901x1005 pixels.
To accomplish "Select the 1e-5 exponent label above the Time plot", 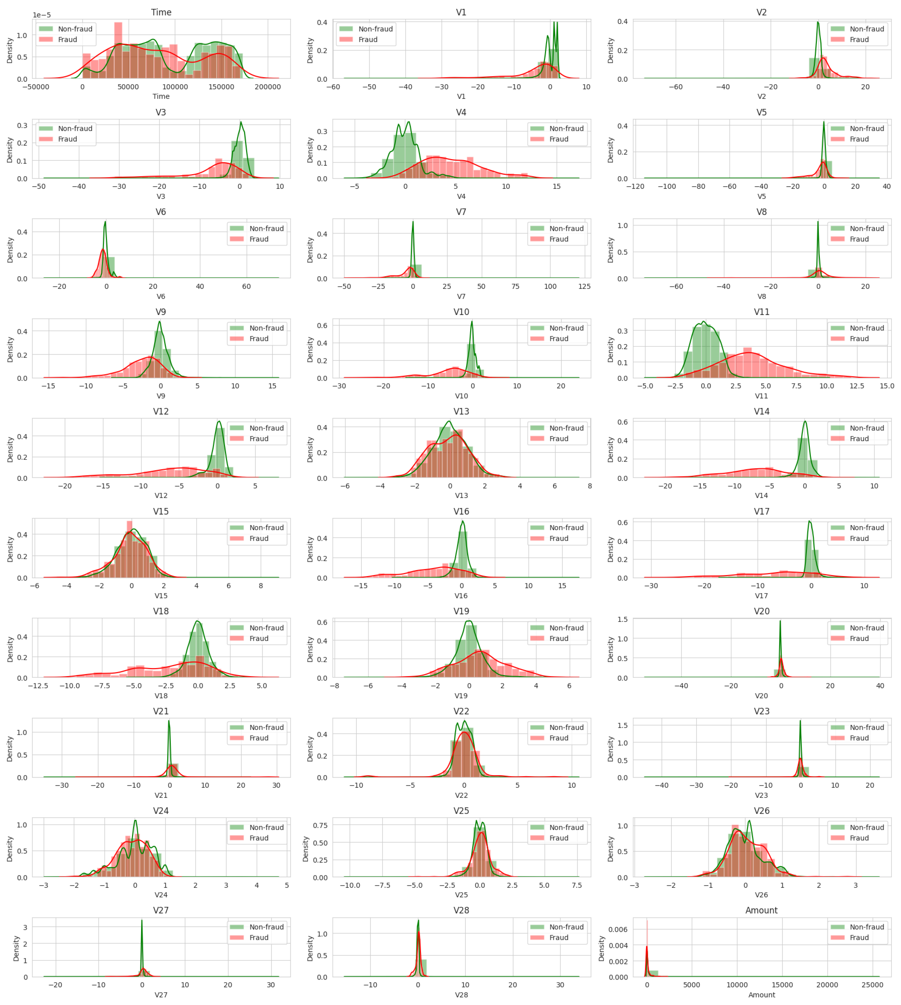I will pyautogui.click(x=42, y=15).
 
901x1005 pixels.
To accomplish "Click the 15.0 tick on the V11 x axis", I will pyautogui.click(x=887, y=386).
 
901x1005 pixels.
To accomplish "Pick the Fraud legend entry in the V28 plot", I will pyautogui.click(x=558, y=938).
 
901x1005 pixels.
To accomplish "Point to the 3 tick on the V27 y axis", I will pyautogui.click(x=25, y=927).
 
